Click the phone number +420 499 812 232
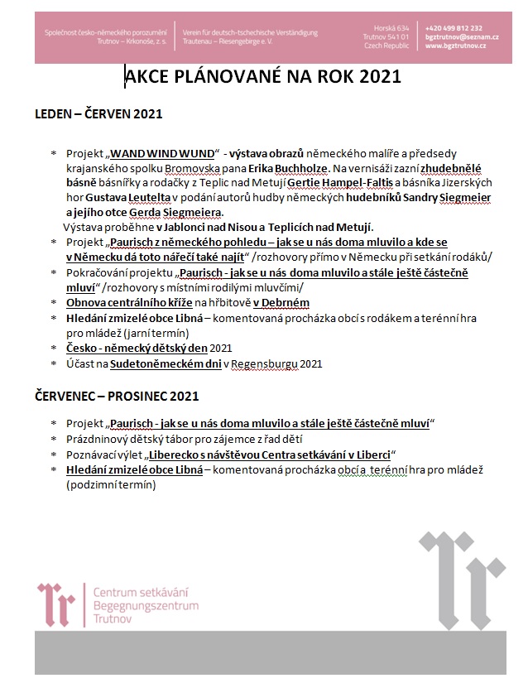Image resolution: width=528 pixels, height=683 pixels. coord(453,28)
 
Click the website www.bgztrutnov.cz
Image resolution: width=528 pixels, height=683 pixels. coord(455,46)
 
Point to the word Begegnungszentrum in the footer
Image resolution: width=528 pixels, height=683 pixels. coord(146,606)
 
